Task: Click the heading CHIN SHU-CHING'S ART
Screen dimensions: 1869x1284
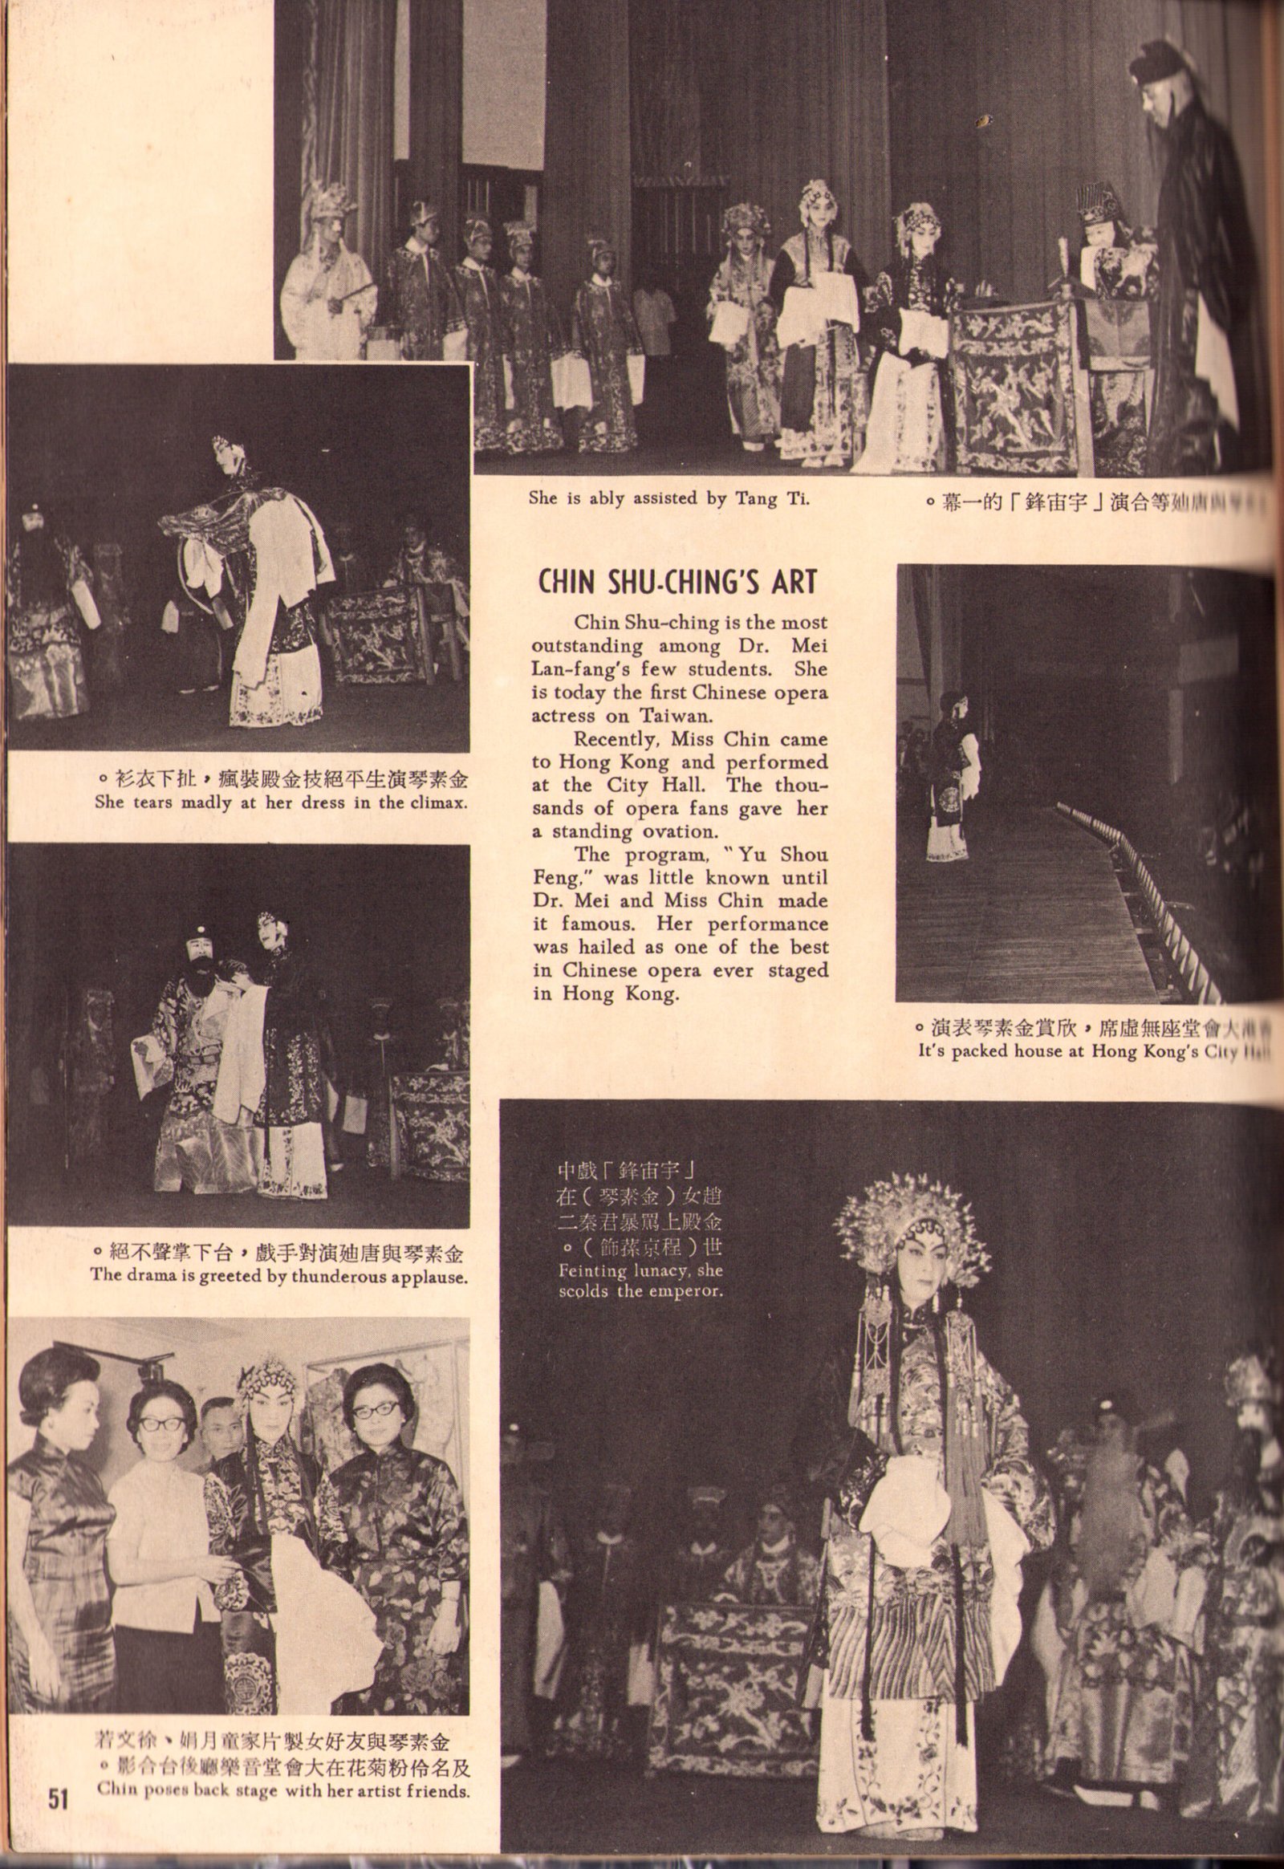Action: (x=677, y=581)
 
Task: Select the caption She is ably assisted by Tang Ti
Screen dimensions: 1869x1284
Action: (x=668, y=498)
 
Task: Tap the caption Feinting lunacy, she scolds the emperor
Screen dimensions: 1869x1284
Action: (x=640, y=1282)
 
